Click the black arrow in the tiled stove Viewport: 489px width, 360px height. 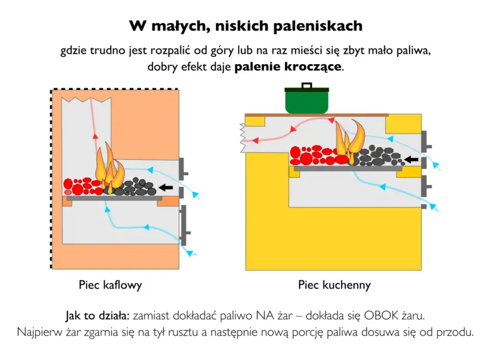[166, 187]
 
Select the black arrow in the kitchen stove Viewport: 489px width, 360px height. [412, 159]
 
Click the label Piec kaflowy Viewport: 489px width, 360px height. [111, 285]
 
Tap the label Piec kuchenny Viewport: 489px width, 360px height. [334, 285]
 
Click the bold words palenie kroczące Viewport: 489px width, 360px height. [288, 67]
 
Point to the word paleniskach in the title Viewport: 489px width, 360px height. [318, 26]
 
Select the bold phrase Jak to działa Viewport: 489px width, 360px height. [97, 316]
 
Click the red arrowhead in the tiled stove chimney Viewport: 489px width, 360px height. [95, 136]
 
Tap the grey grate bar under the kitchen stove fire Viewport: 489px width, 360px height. [348, 169]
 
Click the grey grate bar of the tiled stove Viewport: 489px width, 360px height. [115, 198]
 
